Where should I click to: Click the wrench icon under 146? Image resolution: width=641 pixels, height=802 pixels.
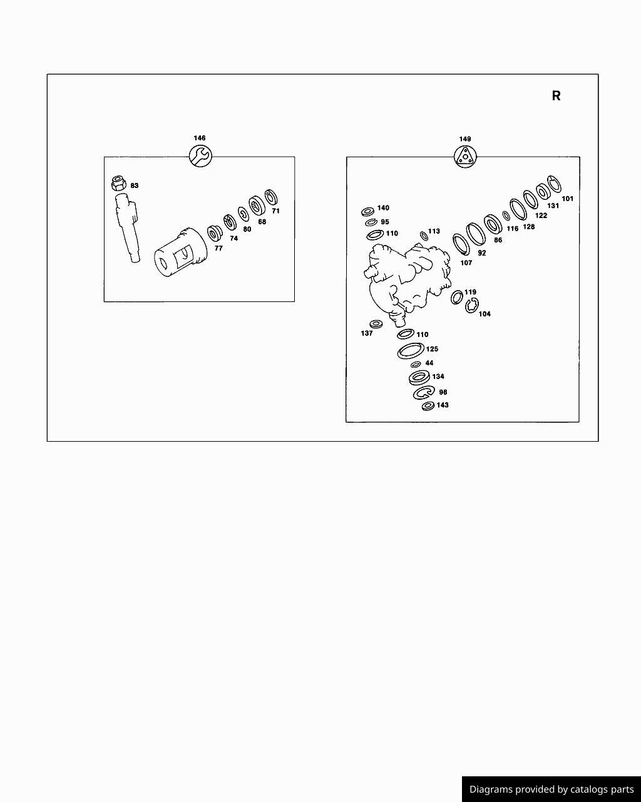click(x=200, y=156)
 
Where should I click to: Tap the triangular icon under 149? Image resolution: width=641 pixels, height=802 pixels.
click(x=465, y=156)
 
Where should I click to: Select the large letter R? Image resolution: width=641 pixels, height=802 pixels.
click(x=556, y=96)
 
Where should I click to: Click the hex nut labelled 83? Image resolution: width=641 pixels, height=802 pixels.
click(x=119, y=183)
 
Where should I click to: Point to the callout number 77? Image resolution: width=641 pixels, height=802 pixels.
click(x=218, y=248)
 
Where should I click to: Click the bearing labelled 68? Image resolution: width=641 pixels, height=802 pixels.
click(x=257, y=205)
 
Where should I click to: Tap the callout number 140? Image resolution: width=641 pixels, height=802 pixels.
click(x=383, y=208)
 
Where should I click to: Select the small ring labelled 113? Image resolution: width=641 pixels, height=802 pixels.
click(x=424, y=236)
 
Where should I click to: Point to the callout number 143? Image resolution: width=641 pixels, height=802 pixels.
click(x=443, y=405)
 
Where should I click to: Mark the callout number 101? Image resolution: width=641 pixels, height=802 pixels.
click(x=568, y=199)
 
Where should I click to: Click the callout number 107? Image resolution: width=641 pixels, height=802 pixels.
click(x=466, y=263)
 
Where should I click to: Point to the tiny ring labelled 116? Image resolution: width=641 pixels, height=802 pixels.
click(x=506, y=216)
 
